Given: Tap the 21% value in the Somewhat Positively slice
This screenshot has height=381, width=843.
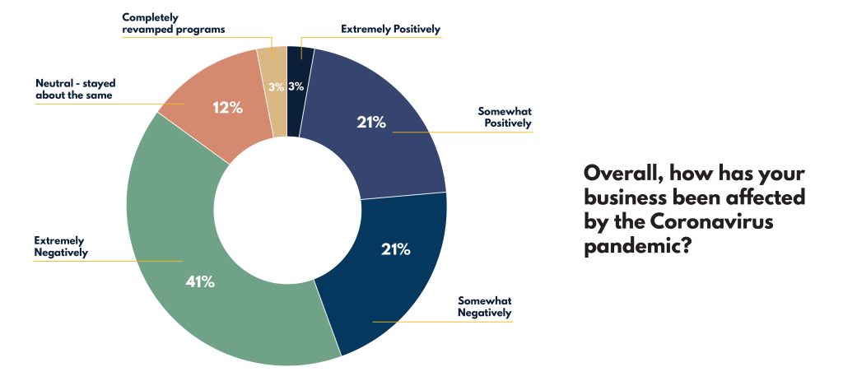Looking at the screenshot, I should [371, 123].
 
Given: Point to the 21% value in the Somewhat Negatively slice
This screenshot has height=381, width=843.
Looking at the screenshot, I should [395, 249].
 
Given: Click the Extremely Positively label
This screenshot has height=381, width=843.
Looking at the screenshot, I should [390, 30].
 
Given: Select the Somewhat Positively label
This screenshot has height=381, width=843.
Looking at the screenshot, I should [505, 117].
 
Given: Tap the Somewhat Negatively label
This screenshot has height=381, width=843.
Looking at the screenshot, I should [485, 306].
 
